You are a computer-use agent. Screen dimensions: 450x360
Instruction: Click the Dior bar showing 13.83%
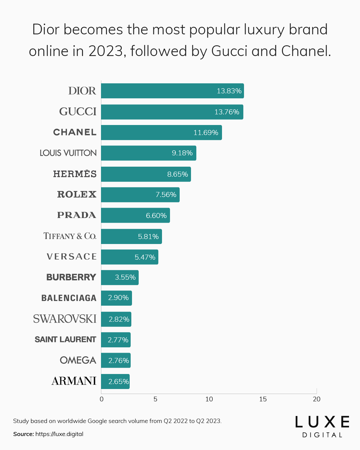click(172, 91)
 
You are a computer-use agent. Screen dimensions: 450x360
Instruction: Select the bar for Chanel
click(161, 133)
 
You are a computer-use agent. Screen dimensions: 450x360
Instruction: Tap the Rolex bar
click(140, 195)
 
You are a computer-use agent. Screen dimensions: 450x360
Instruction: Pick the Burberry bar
click(120, 277)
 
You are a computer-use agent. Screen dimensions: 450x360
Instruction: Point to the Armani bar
click(115, 381)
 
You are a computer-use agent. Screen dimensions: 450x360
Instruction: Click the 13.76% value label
click(227, 112)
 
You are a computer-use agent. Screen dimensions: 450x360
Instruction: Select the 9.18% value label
click(182, 153)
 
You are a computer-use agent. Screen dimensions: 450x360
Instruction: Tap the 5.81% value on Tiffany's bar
click(148, 237)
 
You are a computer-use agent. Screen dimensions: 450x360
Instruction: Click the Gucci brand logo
click(78, 112)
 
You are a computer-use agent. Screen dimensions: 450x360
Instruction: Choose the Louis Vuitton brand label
click(68, 153)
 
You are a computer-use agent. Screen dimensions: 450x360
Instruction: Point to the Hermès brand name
click(75, 174)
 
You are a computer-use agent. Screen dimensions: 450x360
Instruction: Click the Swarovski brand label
click(65, 319)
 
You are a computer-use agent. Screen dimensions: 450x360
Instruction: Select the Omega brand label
click(78, 360)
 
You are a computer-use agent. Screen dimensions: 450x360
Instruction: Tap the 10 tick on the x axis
click(209, 399)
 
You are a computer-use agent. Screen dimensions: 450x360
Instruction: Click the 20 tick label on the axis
click(317, 399)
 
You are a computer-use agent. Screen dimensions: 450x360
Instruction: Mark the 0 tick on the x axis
click(102, 399)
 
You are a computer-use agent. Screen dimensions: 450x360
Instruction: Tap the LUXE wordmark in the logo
click(322, 422)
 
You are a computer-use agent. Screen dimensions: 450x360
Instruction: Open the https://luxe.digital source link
click(59, 434)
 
